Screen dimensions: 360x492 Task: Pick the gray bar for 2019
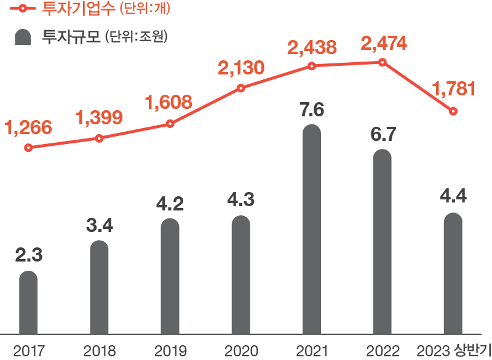(170, 277)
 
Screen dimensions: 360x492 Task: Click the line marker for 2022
(383, 62)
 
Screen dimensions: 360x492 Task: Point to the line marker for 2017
(28, 148)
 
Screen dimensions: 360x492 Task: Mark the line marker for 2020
(241, 88)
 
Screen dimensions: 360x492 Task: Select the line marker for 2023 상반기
(453, 111)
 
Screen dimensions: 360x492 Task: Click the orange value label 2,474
(383, 45)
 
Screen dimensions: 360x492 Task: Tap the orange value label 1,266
(28, 128)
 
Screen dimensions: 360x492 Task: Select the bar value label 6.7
(383, 135)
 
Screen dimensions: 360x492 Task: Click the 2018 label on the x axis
(100, 351)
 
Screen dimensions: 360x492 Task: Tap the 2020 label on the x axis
(241, 351)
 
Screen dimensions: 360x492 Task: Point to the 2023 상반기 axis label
(453, 351)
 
